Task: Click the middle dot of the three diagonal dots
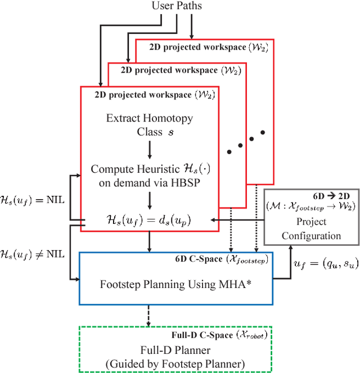tap(240, 145)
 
